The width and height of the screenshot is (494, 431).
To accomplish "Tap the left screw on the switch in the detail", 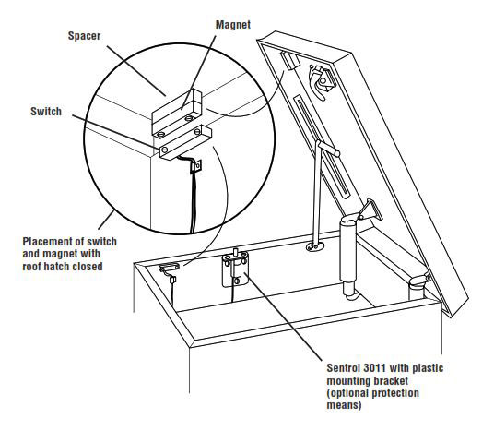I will coord(163,147).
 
